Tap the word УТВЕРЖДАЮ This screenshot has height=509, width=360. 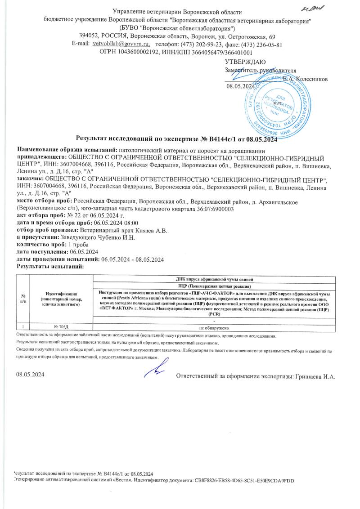(245, 62)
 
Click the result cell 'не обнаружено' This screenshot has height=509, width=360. (218, 328)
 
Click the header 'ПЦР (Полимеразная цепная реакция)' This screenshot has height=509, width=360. (218, 286)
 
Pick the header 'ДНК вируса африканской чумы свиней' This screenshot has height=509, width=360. (218, 280)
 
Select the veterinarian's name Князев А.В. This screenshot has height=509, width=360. (153, 230)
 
